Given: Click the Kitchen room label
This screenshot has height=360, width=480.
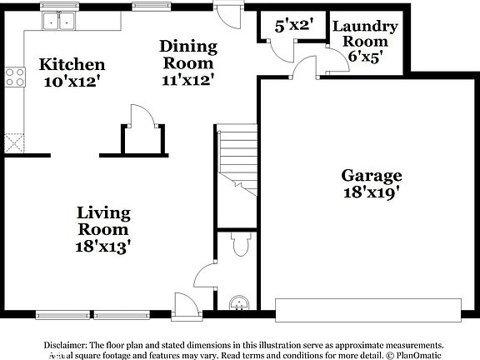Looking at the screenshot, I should (x=72, y=64).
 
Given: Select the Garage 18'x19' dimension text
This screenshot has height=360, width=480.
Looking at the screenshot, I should (x=371, y=192).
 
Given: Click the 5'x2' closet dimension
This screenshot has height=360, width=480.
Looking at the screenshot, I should (x=292, y=26).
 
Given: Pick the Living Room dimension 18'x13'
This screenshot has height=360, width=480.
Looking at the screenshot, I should (x=102, y=246).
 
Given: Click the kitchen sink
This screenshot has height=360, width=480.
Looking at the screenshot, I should (x=59, y=21).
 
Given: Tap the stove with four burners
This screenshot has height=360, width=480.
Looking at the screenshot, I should (x=14, y=77).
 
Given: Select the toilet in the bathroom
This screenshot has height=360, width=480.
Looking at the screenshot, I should (x=240, y=244).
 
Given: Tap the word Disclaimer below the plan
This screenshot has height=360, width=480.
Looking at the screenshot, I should (x=65, y=343).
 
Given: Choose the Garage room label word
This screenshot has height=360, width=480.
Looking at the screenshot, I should (x=371, y=176).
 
